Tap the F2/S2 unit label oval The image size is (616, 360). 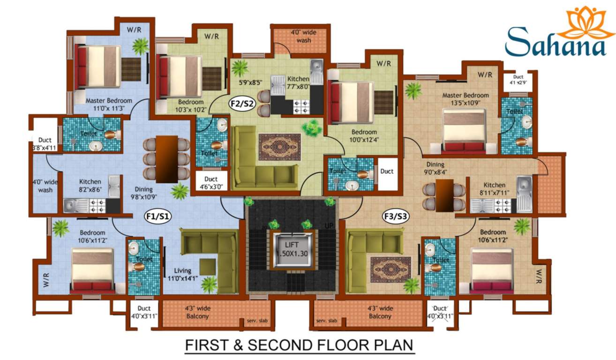(x=242, y=103)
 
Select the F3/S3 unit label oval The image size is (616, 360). (x=394, y=217)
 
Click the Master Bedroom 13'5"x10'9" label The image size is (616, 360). (x=465, y=99)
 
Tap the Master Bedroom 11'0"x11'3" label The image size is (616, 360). (x=108, y=104)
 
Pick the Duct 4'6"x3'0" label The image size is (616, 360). (x=211, y=182)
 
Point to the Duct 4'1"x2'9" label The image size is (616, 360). (x=518, y=80)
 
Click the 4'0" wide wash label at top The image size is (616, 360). (x=300, y=37)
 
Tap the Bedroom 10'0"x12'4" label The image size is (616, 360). (x=364, y=136)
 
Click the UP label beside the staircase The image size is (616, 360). (x=329, y=226)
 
